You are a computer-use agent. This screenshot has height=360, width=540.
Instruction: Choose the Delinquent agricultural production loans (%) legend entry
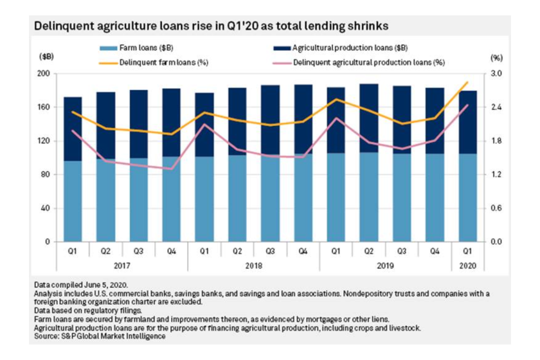[x=369, y=62]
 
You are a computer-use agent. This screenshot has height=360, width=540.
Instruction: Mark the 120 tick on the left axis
[x=45, y=141]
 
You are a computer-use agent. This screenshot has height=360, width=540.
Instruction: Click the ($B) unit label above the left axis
[x=47, y=57]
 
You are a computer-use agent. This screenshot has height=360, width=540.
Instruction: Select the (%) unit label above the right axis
[x=496, y=57]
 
